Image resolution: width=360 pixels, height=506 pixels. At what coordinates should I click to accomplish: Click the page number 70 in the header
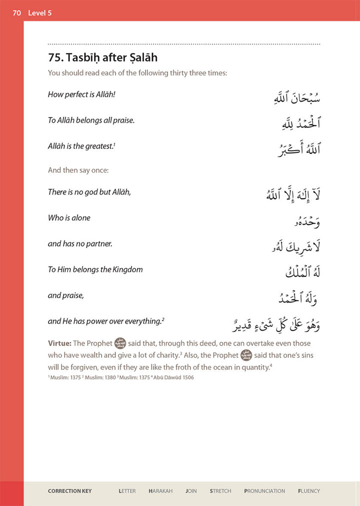16,13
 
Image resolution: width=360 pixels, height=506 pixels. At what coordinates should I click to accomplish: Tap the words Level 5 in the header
40,13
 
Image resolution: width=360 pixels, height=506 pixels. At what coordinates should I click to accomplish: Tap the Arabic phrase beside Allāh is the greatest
298,149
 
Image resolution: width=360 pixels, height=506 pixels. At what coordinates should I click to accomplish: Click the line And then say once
78,170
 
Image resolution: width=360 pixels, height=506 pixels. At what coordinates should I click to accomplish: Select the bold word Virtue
59,343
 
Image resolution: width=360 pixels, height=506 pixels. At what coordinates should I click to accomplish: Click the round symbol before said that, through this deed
120,343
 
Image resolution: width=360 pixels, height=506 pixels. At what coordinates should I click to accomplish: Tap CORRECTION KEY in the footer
69,491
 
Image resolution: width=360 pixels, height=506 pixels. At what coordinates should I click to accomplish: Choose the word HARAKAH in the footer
160,491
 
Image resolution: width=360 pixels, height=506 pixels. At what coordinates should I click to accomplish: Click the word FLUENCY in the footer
308,491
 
